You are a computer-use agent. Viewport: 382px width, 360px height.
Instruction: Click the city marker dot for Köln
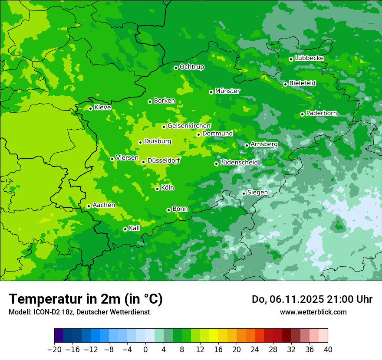coord(157,189)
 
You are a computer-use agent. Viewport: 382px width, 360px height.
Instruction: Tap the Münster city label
coord(227,91)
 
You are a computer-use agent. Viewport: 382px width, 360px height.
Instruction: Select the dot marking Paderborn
coord(302,114)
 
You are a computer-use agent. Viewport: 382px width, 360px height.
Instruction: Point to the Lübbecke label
coord(309,58)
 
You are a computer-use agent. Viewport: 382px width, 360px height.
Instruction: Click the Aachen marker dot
coord(89,206)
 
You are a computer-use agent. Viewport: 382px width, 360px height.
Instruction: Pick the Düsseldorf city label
coord(163,160)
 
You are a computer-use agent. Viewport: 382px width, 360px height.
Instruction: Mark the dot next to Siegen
coord(244,193)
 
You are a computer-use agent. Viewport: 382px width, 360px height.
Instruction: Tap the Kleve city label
coord(102,108)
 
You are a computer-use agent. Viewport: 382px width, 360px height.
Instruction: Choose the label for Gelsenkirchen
coord(189,126)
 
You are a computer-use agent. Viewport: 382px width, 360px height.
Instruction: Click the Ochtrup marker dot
coord(176,68)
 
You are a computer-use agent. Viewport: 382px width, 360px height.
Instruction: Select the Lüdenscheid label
coord(239,163)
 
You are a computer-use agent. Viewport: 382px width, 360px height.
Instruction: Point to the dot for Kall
coord(125,229)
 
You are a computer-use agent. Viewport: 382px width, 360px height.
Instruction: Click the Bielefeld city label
coord(302,83)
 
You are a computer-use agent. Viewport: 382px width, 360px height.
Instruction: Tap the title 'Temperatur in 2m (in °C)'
coord(86,299)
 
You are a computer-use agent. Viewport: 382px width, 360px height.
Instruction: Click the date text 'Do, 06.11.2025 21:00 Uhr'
coord(312,299)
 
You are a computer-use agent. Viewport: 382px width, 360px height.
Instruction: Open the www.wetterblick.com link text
coord(313,312)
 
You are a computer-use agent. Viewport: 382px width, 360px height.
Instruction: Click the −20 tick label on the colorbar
coord(54,350)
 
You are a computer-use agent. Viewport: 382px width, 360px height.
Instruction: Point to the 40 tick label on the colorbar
coord(328,350)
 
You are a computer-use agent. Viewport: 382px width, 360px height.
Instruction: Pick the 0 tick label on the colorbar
coord(145,350)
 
